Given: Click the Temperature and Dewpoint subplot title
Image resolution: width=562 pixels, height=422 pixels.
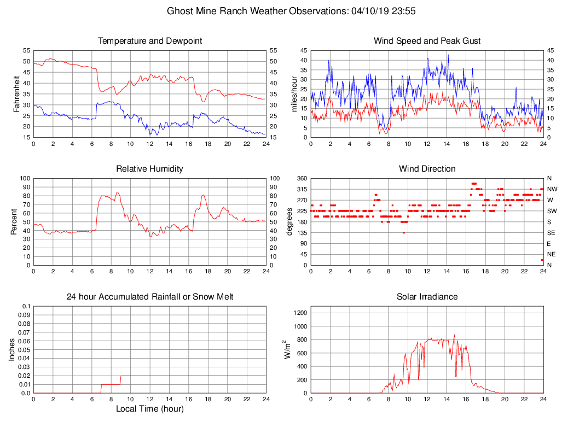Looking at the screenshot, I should [x=149, y=41].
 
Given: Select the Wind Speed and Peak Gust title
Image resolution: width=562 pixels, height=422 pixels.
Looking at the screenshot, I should [x=427, y=41].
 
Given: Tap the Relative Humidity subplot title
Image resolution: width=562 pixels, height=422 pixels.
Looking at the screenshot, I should [x=149, y=169].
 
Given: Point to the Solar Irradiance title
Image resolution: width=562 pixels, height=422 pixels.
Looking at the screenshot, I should [x=427, y=297].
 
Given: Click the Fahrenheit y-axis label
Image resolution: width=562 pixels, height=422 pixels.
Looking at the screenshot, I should [x=17, y=93].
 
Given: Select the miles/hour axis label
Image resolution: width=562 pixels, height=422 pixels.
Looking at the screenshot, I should [x=294, y=93].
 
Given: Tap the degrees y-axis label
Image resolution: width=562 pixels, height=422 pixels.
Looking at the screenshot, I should [x=290, y=221].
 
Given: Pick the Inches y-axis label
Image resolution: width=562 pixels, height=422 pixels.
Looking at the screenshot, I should [x=13, y=349].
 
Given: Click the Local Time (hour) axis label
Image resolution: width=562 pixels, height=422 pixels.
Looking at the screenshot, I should [x=149, y=409].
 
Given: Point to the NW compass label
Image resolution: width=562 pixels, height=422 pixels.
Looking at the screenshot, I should [x=552, y=189].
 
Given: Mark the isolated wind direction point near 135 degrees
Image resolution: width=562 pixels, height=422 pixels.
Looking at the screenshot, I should [x=404, y=233].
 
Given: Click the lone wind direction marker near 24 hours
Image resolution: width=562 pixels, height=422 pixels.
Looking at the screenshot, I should [x=542, y=260].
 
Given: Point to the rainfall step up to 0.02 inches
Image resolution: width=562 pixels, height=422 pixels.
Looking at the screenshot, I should [x=120, y=380].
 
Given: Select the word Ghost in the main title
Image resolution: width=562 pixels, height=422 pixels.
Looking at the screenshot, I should [x=179, y=11].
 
